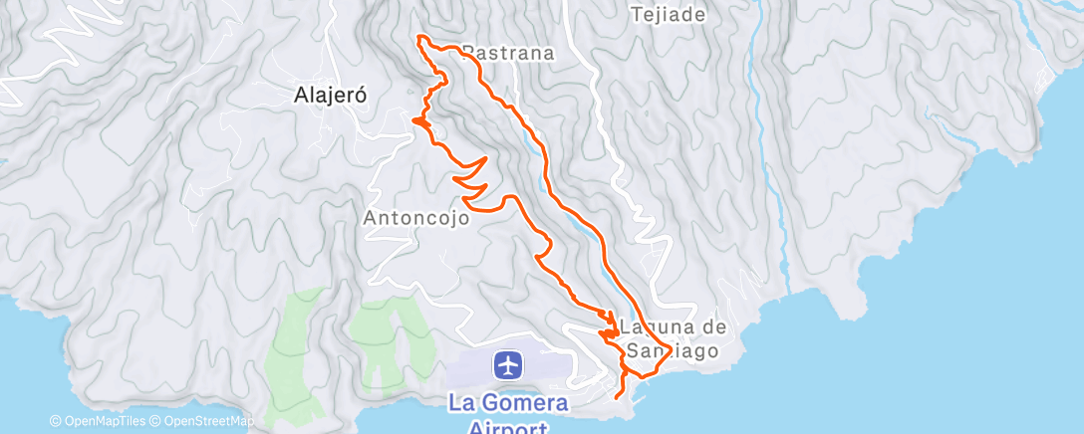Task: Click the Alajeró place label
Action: (x=333, y=96)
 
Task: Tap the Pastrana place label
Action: (x=509, y=54)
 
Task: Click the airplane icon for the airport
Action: (x=508, y=365)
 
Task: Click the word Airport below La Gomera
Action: (x=508, y=428)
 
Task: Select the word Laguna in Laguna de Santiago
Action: (x=654, y=325)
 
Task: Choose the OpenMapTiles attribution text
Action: (x=100, y=421)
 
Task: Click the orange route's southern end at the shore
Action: (x=621, y=396)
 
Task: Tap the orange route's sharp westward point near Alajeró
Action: (x=412, y=120)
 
